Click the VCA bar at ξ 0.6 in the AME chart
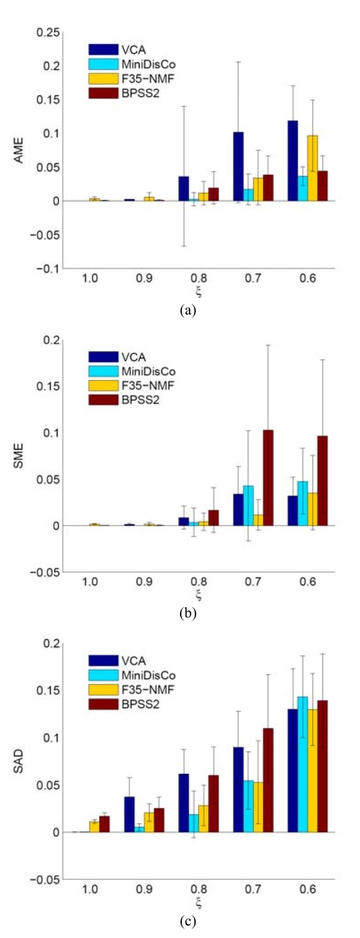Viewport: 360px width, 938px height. (293, 161)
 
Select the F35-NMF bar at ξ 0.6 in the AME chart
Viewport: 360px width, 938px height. (313, 168)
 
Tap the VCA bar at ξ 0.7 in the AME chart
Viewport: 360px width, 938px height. (239, 166)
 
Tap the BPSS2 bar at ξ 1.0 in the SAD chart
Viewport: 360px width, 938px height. (105, 824)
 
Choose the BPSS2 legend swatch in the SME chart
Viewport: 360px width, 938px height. (103, 400)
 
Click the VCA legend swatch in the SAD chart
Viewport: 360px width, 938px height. (103, 661)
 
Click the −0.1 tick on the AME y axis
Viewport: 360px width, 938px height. (48, 269)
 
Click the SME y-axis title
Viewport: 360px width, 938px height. (19, 456)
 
